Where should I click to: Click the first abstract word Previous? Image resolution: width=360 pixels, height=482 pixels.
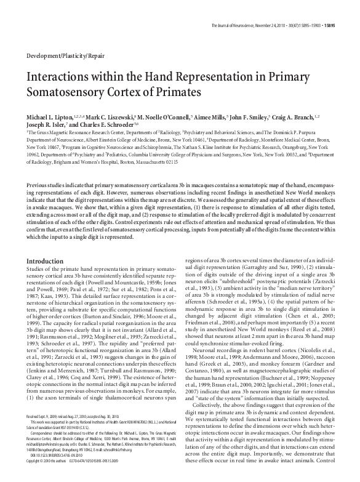coord(38,186)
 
